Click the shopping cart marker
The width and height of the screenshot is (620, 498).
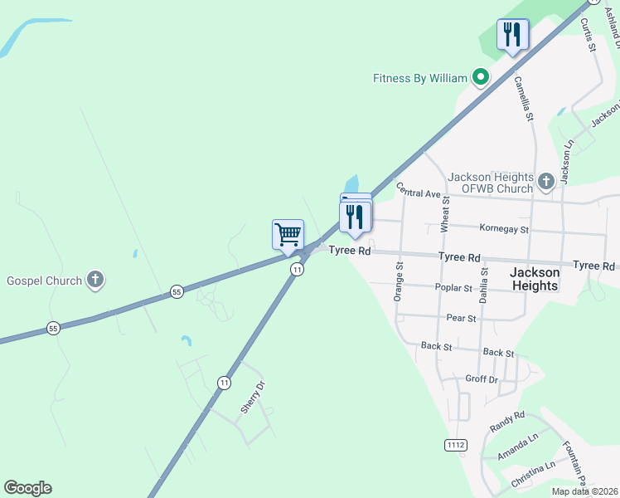288,234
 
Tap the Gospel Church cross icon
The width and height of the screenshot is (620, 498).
95,280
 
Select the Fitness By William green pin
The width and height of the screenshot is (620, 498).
480,78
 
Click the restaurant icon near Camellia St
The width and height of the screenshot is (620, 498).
512,35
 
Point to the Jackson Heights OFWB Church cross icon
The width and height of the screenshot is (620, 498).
545,180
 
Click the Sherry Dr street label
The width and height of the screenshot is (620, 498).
252,398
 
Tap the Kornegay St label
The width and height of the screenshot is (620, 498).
504,227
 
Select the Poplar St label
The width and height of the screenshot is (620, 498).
453,288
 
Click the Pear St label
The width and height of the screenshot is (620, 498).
461,318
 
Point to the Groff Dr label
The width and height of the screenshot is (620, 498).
482,379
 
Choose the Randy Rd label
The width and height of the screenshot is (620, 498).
507,421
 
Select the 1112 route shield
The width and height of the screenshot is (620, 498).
455,446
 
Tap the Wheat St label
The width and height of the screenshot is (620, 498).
445,213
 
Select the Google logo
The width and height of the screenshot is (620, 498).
27,488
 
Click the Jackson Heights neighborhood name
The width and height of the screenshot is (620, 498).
534,278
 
